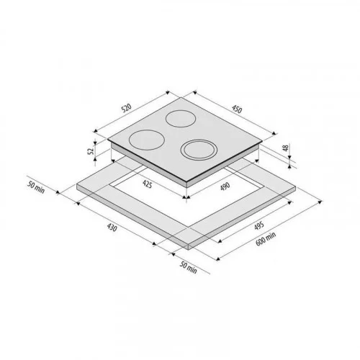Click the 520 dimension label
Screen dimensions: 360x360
click(x=127, y=108)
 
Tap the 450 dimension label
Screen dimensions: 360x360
click(x=237, y=109)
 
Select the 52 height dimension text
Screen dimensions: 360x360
click(x=91, y=151)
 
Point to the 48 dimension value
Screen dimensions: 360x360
click(x=285, y=148)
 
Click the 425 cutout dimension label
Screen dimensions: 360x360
click(x=147, y=184)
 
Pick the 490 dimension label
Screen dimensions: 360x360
click(x=225, y=186)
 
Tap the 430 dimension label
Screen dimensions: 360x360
click(x=112, y=228)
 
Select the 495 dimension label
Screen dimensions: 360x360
click(x=259, y=225)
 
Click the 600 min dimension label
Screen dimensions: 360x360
click(x=266, y=239)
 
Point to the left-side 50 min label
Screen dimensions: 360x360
click(x=36, y=187)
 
